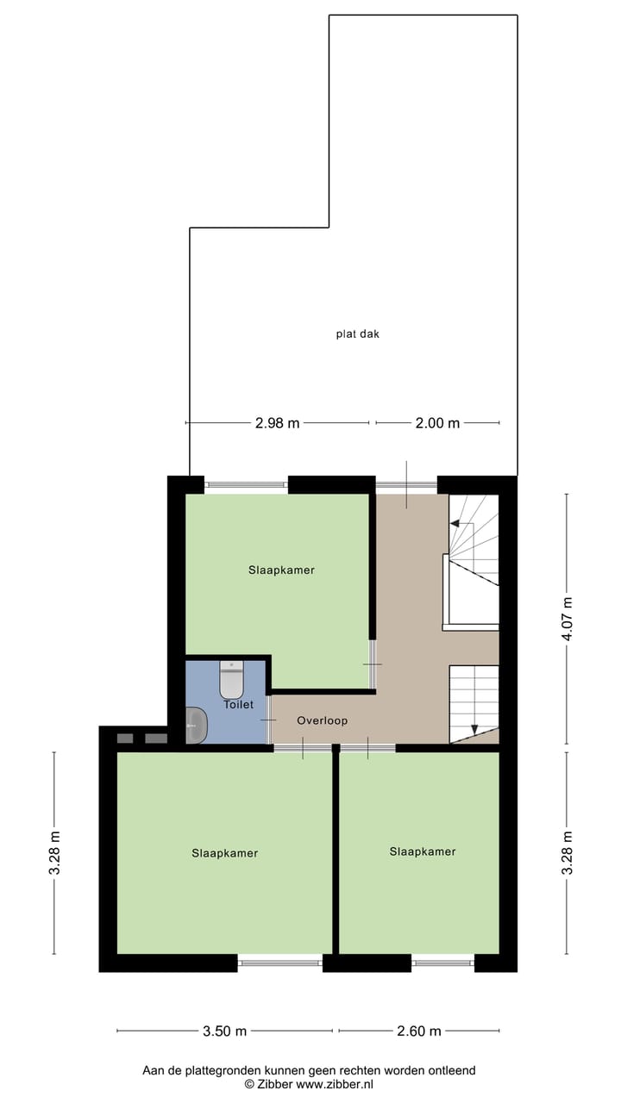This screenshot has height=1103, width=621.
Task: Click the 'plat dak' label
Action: click(357, 333)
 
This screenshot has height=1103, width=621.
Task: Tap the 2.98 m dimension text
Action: click(277, 423)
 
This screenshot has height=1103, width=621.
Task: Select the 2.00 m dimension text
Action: click(437, 423)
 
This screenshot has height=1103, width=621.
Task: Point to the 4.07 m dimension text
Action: click(567, 619)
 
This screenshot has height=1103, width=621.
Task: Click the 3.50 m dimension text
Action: click(224, 1031)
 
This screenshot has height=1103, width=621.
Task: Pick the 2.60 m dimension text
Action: click(418, 1031)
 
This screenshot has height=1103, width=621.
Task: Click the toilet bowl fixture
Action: click(232, 681)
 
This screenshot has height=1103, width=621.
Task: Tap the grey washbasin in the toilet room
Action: click(196, 725)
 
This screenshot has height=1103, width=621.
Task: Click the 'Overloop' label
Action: click(322, 720)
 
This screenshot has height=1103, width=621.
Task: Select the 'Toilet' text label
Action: click(239, 705)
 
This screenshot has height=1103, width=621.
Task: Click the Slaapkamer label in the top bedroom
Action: click(281, 570)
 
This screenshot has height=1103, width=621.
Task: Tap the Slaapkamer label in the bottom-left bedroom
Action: click(224, 853)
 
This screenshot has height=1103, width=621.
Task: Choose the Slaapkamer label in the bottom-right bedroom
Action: click(422, 851)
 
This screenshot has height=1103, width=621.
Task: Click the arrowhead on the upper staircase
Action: click(455, 524)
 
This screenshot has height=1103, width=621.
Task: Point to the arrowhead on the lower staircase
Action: click(474, 731)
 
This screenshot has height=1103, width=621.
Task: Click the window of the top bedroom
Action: click(246, 485)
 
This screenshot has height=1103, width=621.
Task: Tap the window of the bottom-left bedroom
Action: click(279, 962)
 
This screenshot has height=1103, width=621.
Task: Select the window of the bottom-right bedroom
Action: click(442, 962)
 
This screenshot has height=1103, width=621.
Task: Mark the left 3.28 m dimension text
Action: click(54, 853)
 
